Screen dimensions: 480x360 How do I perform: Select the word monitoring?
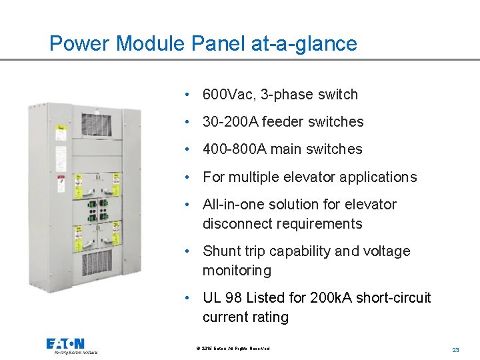click(x=237, y=271)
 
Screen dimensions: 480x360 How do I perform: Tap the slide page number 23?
click(x=456, y=349)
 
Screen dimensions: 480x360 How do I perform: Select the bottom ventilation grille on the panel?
click(x=96, y=265)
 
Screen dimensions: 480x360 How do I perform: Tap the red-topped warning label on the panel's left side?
click(x=60, y=181)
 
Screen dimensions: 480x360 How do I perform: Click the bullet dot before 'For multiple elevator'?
click(x=190, y=177)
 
